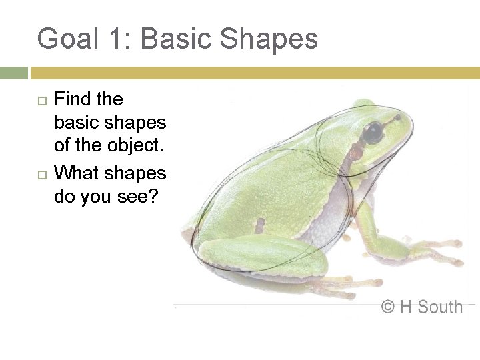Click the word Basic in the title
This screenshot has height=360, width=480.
click(177, 39)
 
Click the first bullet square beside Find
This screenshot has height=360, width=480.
click(42, 101)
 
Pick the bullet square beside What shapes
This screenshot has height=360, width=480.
click(42, 174)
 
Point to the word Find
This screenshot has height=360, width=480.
click(72, 99)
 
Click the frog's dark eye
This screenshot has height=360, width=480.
click(373, 131)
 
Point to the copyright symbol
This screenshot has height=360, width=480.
click(388, 307)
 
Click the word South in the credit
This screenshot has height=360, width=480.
click(440, 307)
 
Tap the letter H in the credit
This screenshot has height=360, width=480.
click(406, 307)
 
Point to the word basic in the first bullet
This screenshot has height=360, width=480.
click(77, 123)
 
